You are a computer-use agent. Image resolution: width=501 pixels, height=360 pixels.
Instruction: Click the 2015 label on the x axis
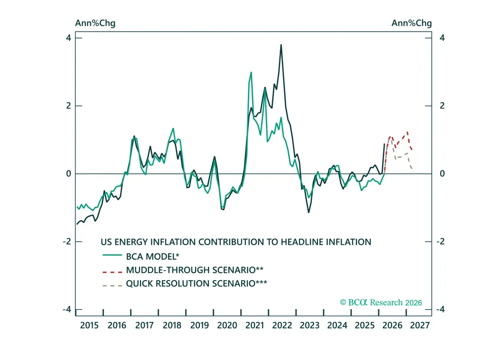89,325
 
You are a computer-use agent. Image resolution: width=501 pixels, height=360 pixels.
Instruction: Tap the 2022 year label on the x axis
282,325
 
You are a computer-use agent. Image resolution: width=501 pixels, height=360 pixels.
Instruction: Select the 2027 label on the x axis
420,325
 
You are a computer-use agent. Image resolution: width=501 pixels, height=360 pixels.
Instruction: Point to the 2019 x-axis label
200,325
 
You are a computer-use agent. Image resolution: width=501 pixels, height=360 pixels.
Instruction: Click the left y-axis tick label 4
68,38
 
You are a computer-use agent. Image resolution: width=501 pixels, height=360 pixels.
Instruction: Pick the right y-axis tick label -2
440,242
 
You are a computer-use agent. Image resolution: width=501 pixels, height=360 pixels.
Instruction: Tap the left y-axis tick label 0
68,174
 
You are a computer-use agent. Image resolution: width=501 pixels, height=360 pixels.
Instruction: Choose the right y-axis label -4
440,309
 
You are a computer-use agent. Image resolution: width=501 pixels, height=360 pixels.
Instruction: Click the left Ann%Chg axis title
95,23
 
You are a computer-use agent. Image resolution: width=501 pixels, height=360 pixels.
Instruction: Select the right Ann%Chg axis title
412,23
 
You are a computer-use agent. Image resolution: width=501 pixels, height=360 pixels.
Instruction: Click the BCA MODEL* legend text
153,256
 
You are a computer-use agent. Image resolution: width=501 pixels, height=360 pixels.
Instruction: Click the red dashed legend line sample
112,272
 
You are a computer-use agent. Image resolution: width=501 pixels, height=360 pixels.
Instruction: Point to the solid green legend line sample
112,255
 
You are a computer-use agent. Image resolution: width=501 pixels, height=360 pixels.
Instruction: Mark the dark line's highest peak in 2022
281,45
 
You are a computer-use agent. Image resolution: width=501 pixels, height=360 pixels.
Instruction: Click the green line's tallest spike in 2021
251,72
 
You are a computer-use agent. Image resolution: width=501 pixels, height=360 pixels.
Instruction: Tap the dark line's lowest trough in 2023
309,212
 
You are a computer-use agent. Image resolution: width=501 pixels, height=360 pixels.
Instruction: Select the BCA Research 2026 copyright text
381,302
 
